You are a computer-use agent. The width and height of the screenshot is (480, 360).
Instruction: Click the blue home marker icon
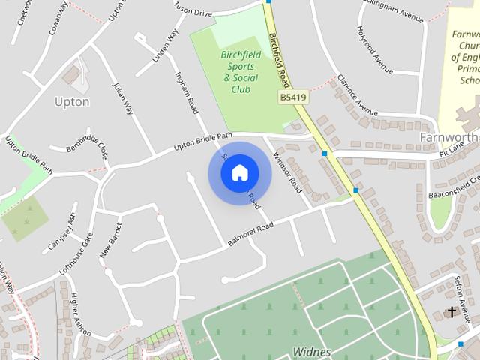239,173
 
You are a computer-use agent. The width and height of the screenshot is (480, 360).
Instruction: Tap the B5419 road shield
293,97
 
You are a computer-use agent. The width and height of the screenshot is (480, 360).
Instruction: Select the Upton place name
72,101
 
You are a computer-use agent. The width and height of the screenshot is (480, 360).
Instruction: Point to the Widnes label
311,351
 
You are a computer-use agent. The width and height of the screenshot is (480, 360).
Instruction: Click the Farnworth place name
448,137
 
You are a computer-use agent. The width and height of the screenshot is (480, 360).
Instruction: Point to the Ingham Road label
186,92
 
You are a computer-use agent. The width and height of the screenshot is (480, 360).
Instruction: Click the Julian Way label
123,97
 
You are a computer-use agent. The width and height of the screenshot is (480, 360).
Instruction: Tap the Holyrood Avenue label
370,50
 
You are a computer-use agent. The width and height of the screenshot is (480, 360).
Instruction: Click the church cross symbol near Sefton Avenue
452,311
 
